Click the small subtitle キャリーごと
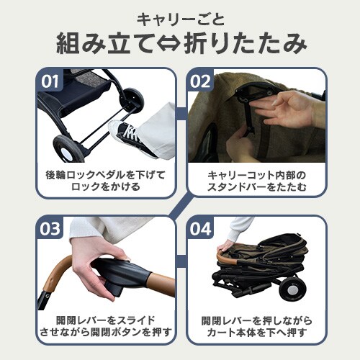pos(180,17)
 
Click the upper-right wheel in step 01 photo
pos(132,99)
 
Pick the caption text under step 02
pos(257,181)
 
